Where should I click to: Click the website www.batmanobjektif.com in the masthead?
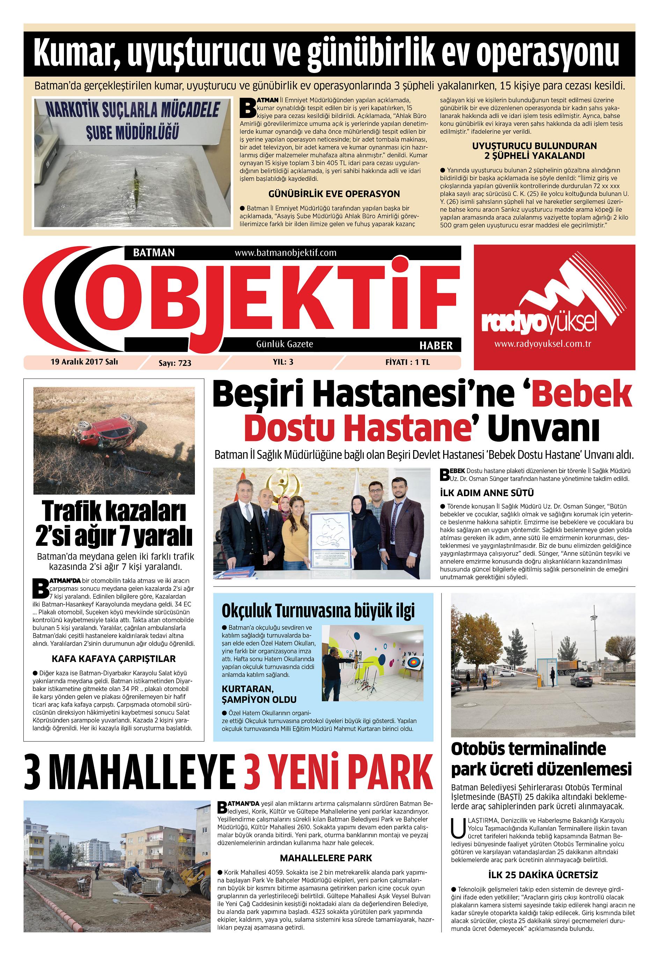coord(285,253)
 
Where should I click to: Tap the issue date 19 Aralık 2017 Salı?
coord(84,362)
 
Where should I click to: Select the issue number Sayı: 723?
coord(175,363)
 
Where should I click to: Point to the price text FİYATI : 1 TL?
coord(407,362)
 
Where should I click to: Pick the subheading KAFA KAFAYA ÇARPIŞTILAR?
coord(114,659)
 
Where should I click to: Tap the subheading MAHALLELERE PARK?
coord(326,858)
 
